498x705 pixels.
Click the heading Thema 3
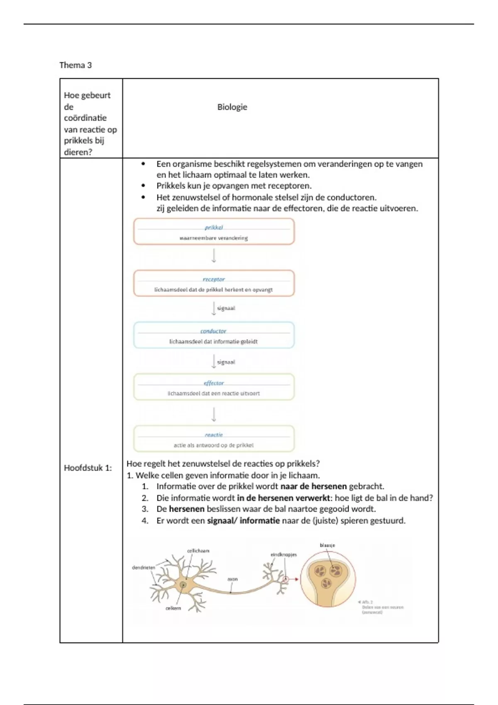pos(76,65)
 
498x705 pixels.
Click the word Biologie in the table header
pos(232,107)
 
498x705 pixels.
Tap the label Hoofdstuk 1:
pos(88,468)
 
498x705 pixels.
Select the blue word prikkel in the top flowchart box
pos(214,227)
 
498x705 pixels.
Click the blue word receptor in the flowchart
pos(214,280)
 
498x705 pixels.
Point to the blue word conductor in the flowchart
pos(213,331)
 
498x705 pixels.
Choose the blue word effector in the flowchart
pos(214,383)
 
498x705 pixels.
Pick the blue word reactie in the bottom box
pos(214,435)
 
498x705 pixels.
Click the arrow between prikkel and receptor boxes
pos(214,255)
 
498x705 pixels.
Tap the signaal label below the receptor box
pos(226,308)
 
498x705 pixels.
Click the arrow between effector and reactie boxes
pos(214,414)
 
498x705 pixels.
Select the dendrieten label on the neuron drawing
pos(143,567)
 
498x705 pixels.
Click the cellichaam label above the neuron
pos(198,551)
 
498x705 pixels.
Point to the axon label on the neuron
pos(232,579)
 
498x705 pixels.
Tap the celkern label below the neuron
pos(173,608)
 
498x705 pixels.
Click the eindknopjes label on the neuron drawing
pos(283,554)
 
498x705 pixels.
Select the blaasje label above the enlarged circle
pos(327,545)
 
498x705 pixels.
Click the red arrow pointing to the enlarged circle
pos(293,579)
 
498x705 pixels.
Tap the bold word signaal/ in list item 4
pos(222,520)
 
